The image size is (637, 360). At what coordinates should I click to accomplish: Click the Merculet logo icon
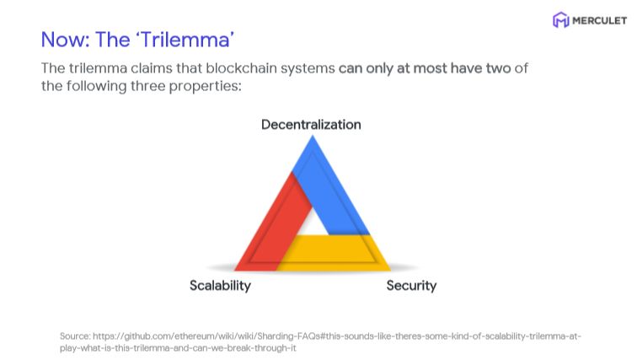click(560, 20)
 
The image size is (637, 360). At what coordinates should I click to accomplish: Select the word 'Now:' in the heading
click(66, 40)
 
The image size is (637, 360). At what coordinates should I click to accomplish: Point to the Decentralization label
click(311, 125)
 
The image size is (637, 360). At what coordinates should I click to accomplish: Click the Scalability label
click(220, 285)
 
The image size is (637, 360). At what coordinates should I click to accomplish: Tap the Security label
click(411, 285)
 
